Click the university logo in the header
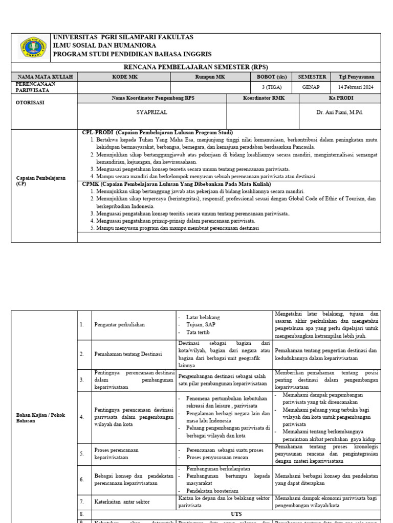(31, 47)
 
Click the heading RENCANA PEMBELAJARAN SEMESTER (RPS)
(196, 67)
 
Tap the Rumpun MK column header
(210, 77)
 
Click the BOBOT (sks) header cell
(272, 77)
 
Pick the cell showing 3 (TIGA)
(272, 87)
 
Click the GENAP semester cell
(311, 87)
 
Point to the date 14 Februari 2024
(356, 87)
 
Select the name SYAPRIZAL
(152, 112)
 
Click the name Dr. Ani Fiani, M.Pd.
(340, 112)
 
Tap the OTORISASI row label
(31, 102)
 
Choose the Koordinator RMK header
(263, 98)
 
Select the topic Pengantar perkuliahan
(120, 324)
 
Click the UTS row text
(236, 513)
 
